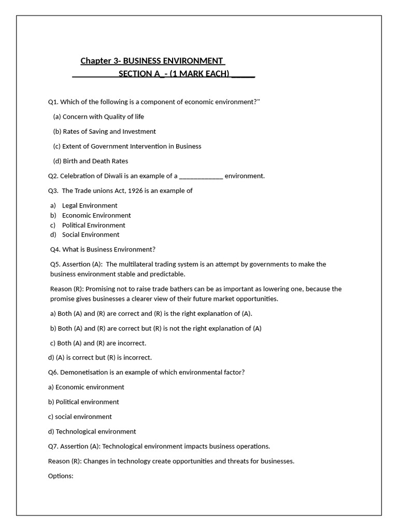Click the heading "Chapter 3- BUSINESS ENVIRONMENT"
click(x=152, y=61)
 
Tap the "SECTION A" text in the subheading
click(x=139, y=74)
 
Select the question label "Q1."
click(x=53, y=102)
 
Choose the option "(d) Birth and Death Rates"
click(x=91, y=161)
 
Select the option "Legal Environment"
click(x=90, y=206)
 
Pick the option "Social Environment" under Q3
click(x=91, y=235)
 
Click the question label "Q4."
click(x=55, y=249)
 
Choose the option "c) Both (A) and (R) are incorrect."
click(x=98, y=343)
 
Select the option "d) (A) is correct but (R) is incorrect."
click(x=99, y=358)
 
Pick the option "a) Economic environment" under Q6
click(x=86, y=387)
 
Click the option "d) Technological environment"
click(x=92, y=431)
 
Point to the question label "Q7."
click(x=53, y=446)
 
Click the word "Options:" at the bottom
click(x=61, y=476)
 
